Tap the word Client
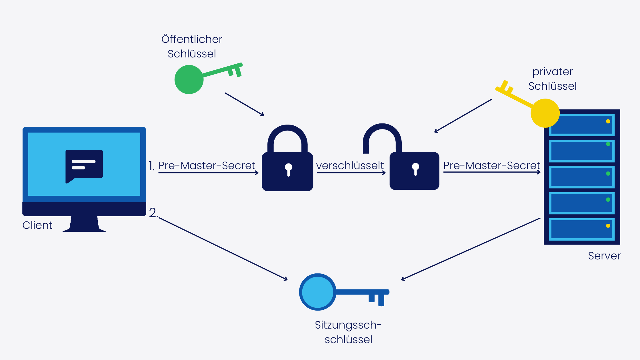tap(37, 225)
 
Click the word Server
tap(604, 256)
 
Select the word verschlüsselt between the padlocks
tap(350, 165)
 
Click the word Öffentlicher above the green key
tap(192, 39)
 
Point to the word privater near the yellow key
tap(552, 72)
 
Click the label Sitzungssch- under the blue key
tap(348, 325)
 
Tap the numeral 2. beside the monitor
tap(153, 213)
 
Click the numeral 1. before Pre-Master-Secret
tap(151, 166)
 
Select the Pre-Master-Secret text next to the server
tap(491, 165)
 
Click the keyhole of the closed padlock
tap(289, 169)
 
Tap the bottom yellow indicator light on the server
tap(608, 226)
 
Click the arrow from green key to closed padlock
tap(245, 105)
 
